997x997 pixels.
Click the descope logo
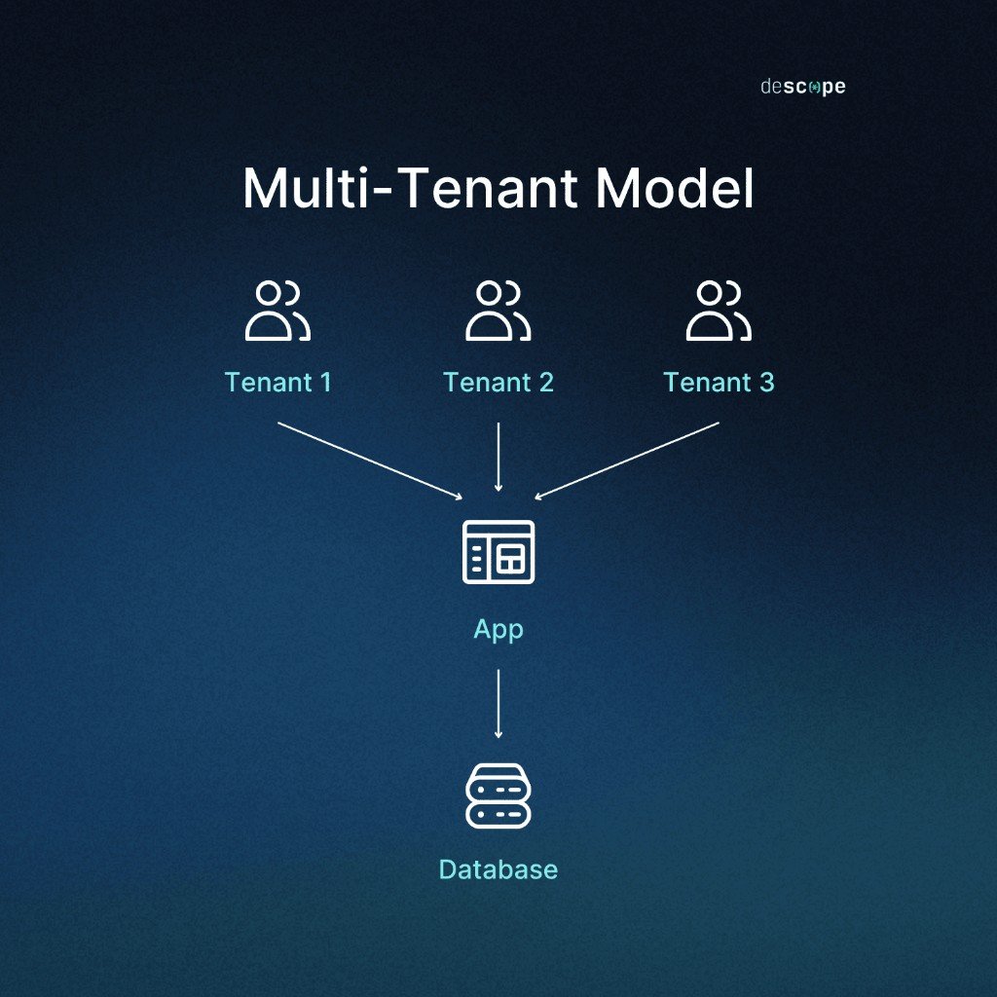pos(803,87)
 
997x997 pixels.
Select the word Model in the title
pos(675,188)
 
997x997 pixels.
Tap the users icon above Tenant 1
pos(277,311)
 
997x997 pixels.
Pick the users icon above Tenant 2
pos(498,311)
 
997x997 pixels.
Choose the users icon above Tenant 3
pos(719,311)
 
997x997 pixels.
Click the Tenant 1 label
pos(277,382)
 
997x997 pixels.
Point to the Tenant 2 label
pos(498,382)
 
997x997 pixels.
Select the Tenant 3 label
pos(719,382)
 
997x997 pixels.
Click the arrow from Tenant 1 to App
pos(370,461)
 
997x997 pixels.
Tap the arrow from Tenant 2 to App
pos(498,457)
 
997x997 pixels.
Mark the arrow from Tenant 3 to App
pos(627,461)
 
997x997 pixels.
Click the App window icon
pos(498,552)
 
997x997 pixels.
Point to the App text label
pos(498,630)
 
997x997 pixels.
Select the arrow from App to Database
pos(498,703)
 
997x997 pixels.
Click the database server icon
pos(498,796)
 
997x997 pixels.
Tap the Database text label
pos(498,869)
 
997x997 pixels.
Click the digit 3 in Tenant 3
pos(766,382)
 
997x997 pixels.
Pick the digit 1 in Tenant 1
pos(325,382)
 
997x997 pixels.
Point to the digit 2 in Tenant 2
pos(546,382)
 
